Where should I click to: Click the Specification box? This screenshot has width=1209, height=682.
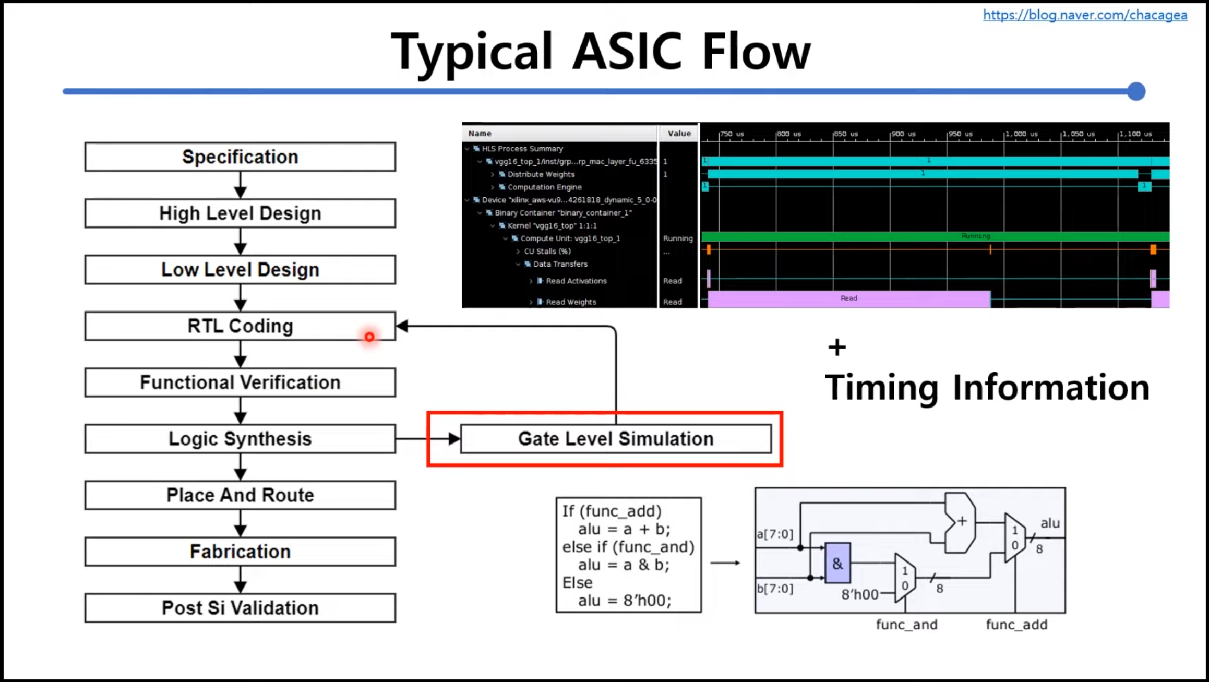point(240,157)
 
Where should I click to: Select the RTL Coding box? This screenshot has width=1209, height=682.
point(240,326)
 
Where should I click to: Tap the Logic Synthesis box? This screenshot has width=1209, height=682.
point(240,439)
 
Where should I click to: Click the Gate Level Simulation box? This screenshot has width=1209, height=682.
point(616,439)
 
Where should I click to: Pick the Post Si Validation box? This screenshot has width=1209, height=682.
point(240,608)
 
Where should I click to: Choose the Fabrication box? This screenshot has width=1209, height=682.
point(240,552)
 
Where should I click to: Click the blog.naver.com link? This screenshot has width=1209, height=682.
point(1085,15)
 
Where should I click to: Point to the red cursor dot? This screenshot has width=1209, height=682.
point(369,337)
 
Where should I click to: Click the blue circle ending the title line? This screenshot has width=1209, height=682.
point(1136,91)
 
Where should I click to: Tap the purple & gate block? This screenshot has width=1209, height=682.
point(837,563)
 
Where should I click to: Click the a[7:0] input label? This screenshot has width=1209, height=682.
point(775,534)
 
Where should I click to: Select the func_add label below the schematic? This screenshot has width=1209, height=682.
point(1016,625)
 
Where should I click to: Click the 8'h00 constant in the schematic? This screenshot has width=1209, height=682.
point(859,594)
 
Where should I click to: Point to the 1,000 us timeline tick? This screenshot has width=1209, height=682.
point(1021,134)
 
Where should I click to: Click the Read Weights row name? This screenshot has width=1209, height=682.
point(571,302)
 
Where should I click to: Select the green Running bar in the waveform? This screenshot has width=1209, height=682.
point(934,236)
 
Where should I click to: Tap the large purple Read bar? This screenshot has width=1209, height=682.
point(848,298)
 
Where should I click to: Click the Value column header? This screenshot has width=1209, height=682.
point(679,134)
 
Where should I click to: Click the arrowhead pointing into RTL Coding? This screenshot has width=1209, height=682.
point(402,326)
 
